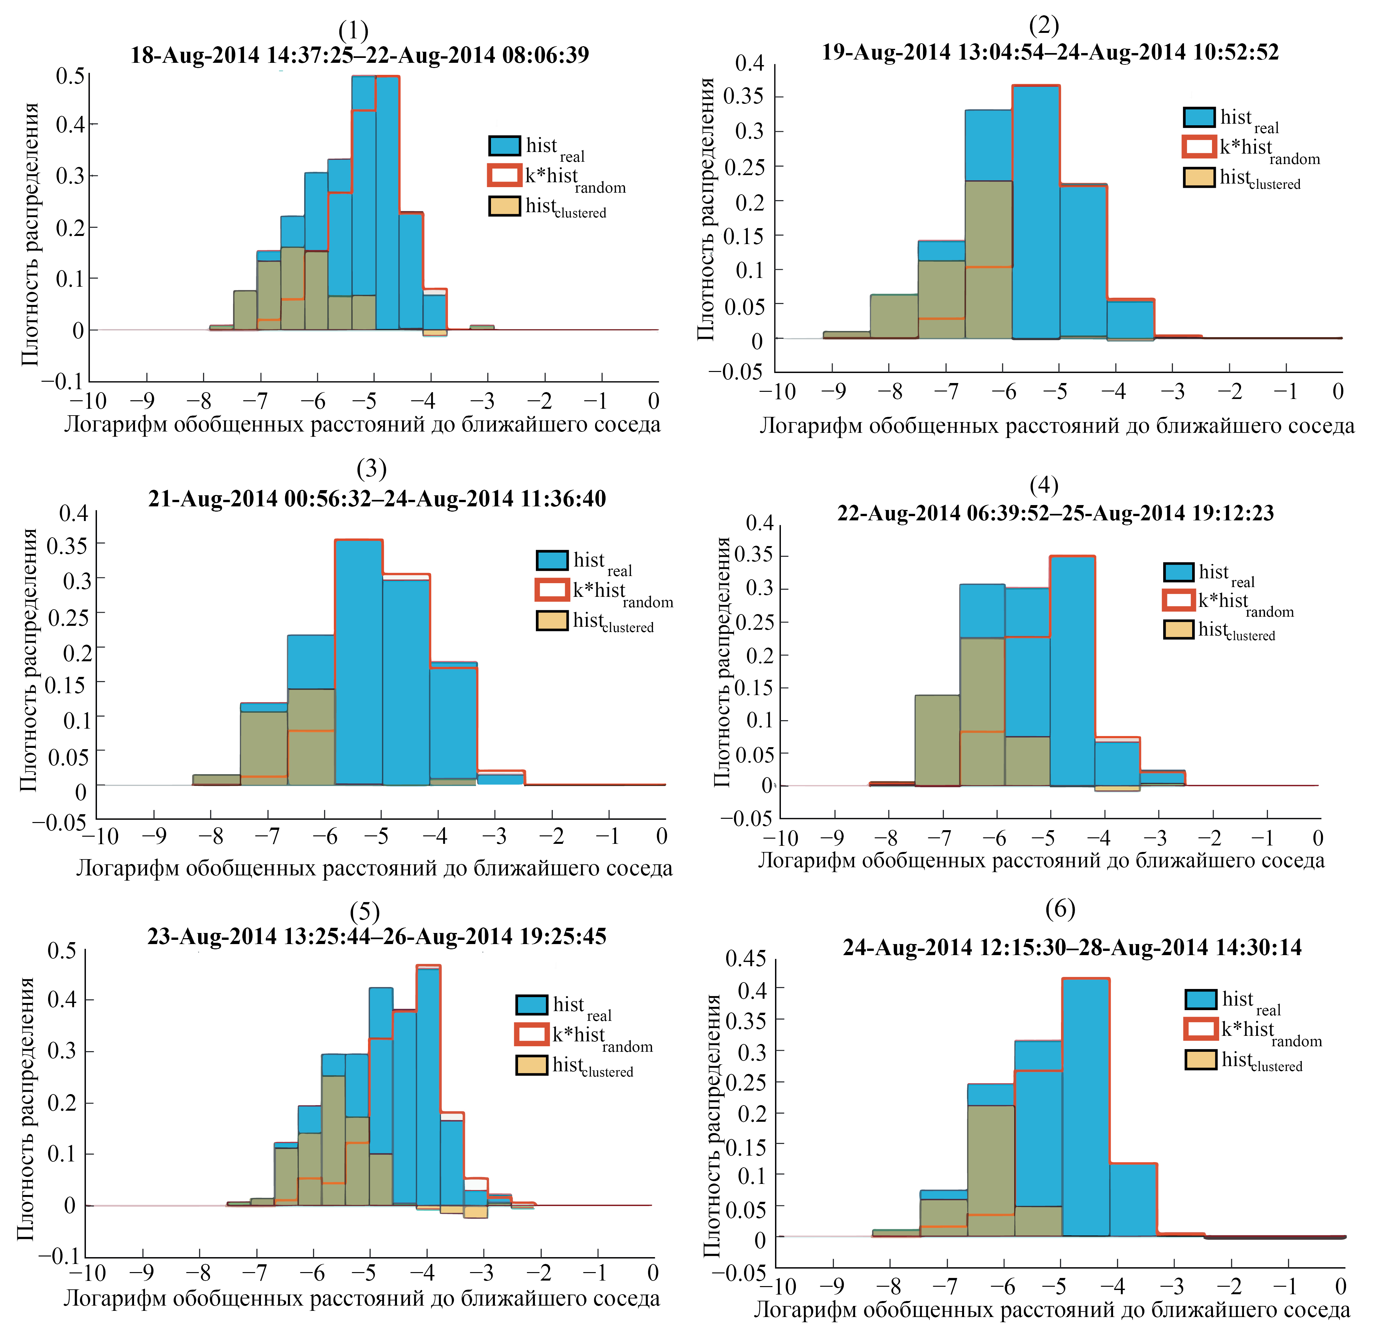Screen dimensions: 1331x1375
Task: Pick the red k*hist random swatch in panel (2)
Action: tap(1199, 147)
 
